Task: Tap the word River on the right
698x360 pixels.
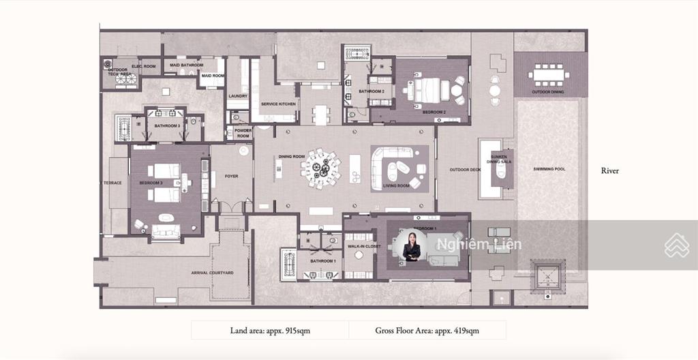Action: (610, 170)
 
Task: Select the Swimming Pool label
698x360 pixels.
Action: (549, 169)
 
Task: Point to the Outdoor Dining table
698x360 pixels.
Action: (549, 73)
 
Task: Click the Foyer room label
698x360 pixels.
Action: (232, 176)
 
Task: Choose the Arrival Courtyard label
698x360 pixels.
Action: (212, 273)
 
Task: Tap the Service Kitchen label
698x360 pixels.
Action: (278, 104)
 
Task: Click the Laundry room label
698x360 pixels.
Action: (238, 96)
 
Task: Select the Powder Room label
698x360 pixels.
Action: (243, 133)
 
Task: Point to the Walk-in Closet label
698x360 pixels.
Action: (363, 247)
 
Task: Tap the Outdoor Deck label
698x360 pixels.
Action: (464, 170)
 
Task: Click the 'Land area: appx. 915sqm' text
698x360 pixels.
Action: (270, 331)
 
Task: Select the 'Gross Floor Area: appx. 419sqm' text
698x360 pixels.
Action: (427, 331)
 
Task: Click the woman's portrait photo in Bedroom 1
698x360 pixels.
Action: (413, 245)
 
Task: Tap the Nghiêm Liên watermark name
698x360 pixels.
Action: (479, 244)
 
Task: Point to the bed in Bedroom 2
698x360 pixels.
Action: (425, 90)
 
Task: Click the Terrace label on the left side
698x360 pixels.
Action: (112, 183)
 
